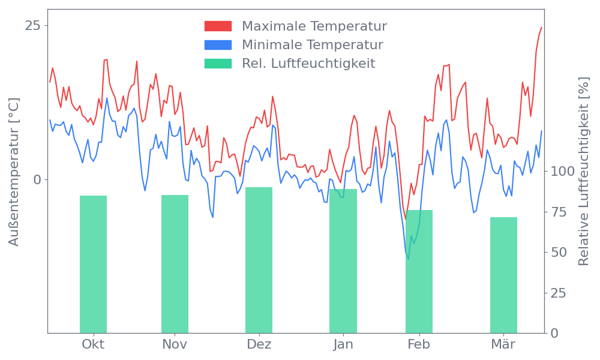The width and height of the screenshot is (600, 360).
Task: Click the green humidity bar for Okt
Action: click(x=93, y=264)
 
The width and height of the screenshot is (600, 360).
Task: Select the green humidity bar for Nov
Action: click(x=175, y=264)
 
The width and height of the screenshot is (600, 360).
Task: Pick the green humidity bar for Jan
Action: click(x=343, y=261)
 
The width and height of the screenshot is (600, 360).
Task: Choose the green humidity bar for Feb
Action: click(x=419, y=271)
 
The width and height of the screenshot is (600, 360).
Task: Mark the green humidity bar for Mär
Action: click(x=503, y=275)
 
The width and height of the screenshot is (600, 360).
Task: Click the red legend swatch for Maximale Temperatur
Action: click(x=218, y=26)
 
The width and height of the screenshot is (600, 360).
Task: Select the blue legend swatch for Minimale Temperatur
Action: click(x=218, y=45)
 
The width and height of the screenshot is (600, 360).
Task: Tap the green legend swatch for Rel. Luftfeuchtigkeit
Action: click(x=218, y=64)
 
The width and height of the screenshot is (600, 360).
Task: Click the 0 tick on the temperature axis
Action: click(x=38, y=179)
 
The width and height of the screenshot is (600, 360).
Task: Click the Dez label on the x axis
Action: click(x=259, y=344)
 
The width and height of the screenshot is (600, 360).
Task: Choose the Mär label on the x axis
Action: click(x=503, y=344)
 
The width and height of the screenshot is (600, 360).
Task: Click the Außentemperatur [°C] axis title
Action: click(x=14, y=172)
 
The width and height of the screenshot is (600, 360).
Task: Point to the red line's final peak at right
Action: click(x=541, y=27)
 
